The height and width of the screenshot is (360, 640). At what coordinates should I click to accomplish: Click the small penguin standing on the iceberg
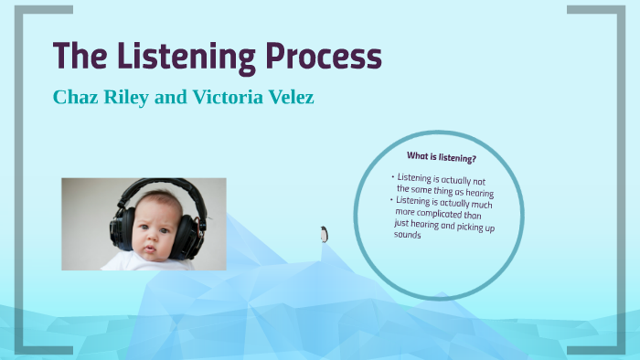point(324,234)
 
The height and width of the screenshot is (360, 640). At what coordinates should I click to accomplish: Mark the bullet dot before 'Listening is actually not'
point(393,175)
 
